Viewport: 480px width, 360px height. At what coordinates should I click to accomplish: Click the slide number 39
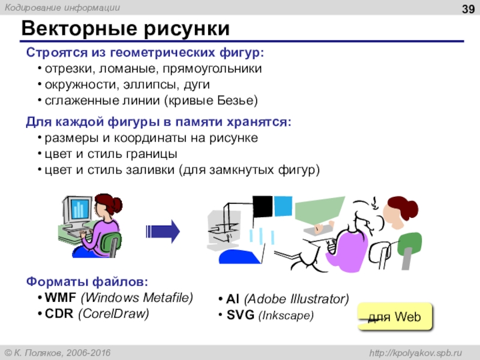point(468,9)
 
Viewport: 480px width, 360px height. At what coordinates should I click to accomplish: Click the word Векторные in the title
point(79,29)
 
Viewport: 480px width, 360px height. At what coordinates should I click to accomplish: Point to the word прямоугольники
point(212,68)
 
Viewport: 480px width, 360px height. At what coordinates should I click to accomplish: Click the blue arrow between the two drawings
point(163,232)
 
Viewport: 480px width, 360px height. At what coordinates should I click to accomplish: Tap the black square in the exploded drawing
point(262,206)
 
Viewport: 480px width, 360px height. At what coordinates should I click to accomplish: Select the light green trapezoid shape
point(319,211)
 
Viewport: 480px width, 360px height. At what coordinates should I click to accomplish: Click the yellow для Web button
point(395,317)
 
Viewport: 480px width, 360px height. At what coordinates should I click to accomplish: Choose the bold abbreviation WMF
point(61,297)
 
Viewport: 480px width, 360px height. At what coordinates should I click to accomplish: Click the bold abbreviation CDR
point(59,313)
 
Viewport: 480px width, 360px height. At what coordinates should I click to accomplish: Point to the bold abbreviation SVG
point(241,315)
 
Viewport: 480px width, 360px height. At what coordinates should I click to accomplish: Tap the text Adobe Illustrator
point(296,299)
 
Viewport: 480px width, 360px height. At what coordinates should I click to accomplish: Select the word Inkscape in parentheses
point(286,316)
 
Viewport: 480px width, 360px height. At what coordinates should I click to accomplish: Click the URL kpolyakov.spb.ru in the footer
point(415,353)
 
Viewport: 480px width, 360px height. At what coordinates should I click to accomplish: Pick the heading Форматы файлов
point(87,281)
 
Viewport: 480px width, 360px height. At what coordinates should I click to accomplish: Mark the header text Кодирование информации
point(62,8)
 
